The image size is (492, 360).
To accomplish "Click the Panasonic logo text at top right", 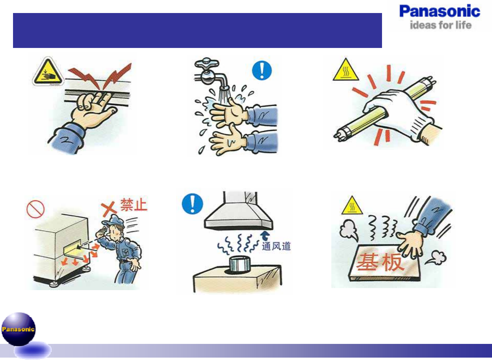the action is [x=440, y=11].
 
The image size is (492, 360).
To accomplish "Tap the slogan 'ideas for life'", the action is [x=441, y=25].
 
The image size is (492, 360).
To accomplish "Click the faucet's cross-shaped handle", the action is [x=207, y=63].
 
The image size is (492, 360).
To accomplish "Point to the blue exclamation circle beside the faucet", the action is [x=262, y=70].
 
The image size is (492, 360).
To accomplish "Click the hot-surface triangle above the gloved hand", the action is [x=346, y=70].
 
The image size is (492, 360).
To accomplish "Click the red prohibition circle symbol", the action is [x=35, y=209].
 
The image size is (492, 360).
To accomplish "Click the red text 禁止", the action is [x=134, y=205].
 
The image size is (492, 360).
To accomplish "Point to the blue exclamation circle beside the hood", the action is [x=193, y=203].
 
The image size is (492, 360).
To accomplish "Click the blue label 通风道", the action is [x=276, y=246].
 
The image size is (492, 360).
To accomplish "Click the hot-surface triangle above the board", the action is [x=352, y=206].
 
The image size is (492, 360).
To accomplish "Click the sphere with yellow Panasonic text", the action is [x=19, y=329].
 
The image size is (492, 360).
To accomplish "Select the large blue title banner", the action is [x=197, y=30].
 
